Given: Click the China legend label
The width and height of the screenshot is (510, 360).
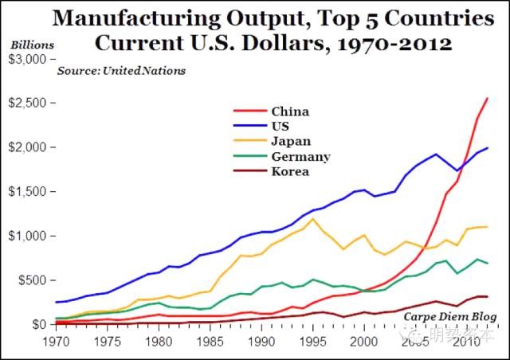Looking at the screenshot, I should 290,112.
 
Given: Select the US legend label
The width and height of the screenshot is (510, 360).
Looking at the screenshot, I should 280,126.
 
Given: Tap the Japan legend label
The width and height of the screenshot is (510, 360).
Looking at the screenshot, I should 291,141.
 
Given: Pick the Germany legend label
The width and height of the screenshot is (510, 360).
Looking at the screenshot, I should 300,156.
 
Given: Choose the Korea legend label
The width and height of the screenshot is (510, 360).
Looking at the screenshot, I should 290,171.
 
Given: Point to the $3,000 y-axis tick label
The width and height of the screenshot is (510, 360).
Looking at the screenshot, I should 26,59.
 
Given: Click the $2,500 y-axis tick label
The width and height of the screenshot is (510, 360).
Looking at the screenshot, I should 26,104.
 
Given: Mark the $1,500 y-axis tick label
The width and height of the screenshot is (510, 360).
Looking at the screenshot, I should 26,192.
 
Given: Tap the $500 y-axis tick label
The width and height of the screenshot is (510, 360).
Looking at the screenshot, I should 32,280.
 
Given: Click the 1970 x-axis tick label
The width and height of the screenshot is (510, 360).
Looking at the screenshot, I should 56,341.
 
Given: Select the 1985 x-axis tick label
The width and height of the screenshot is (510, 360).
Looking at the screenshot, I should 210,341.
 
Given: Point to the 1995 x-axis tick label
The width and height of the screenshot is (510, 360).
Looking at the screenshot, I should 312,341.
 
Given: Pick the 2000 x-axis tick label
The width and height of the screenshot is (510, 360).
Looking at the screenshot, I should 363,341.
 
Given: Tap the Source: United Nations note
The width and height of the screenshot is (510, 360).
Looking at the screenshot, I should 121,71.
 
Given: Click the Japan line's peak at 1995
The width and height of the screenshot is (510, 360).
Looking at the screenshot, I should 314,219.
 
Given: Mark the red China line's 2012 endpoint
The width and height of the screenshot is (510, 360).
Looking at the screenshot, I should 487,99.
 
